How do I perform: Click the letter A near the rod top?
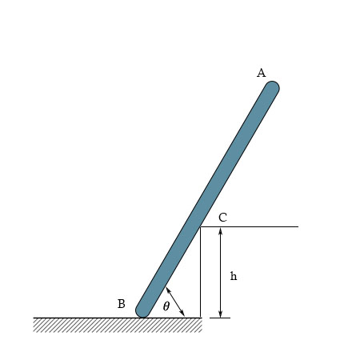pyautogui.click(x=261, y=73)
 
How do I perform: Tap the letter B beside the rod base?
pyautogui.click(x=121, y=304)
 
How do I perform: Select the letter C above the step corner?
pyautogui.click(x=222, y=217)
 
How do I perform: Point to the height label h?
pyautogui.click(x=234, y=276)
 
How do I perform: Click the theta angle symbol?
pyautogui.click(x=166, y=306)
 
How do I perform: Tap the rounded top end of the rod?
pyautogui.click(x=272, y=87)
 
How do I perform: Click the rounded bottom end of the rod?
pyautogui.click(x=143, y=310)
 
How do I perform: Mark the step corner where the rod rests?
pyautogui.click(x=200, y=227)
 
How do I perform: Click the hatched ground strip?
pyautogui.click(x=116, y=324)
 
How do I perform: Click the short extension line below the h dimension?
pyautogui.click(x=220, y=318)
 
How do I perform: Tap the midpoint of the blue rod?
pyautogui.click(x=207, y=199)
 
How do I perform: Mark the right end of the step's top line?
pyautogui.click(x=298, y=226)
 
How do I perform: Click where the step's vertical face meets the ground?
pyautogui.click(x=200, y=318)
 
